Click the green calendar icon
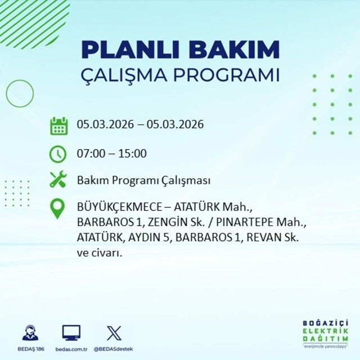[x=58, y=125]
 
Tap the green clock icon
[x=58, y=153]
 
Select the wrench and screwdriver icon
[x=58, y=180]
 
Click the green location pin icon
[x=58, y=209]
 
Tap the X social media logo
[x=114, y=332]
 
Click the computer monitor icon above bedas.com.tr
[x=71, y=332]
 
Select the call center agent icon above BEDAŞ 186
[x=30, y=332]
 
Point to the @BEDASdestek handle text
[x=114, y=349]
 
